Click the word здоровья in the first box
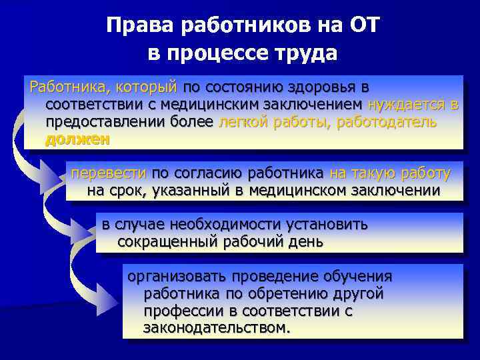(325, 87)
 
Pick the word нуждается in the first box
(408, 105)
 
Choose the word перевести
(108, 174)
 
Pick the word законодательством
(217, 328)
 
